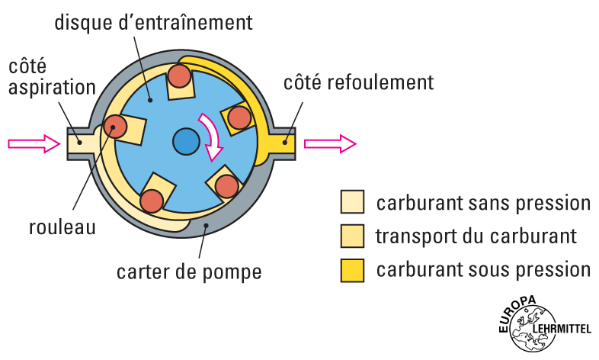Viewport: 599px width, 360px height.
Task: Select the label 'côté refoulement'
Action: pyautogui.click(x=359, y=82)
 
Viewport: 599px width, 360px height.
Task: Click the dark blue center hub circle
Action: pyautogui.click(x=185, y=141)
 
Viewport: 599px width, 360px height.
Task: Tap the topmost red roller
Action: pyautogui.click(x=180, y=75)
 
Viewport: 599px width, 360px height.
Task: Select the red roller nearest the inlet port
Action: pyautogui.click(x=116, y=127)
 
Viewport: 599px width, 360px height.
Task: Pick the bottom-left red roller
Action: pyautogui.click(x=151, y=201)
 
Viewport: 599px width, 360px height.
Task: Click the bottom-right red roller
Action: pyautogui.click(x=227, y=187)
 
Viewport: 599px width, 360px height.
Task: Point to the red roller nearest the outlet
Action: pyautogui.click(x=239, y=117)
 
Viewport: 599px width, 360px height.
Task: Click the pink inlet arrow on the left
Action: pyautogui.click(x=34, y=143)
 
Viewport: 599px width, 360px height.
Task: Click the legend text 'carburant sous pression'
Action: pyautogui.click(x=483, y=269)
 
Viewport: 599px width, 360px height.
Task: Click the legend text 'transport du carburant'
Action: pyautogui.click(x=476, y=236)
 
